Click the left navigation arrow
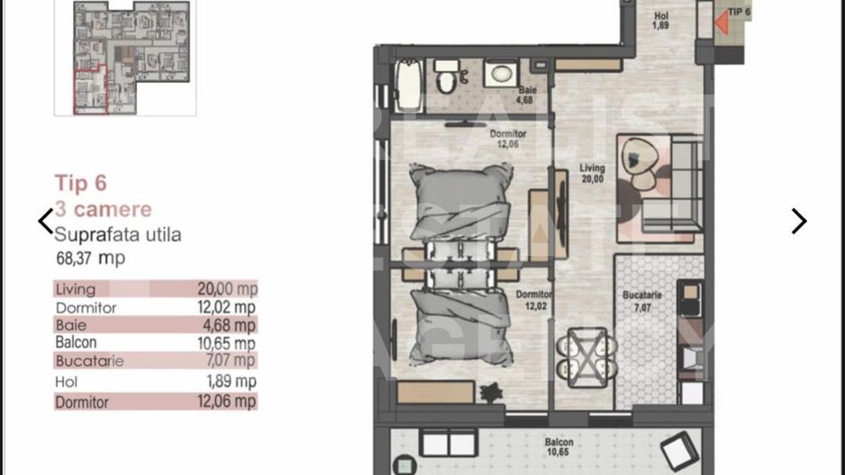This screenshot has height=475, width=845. tap(46, 222)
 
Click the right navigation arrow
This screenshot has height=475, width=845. tap(798, 222)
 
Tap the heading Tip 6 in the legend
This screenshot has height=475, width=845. tap(80, 184)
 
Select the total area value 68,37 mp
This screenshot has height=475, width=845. tap(90, 259)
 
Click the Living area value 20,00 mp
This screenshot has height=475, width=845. tap(227, 289)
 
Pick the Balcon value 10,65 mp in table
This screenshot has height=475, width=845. tap(227, 343)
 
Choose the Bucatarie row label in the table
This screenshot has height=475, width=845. tap(89, 361)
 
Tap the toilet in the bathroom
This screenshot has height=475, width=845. tap(444, 81)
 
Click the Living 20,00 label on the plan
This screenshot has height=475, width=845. tap(592, 174)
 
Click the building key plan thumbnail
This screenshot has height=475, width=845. tap(124, 56)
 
